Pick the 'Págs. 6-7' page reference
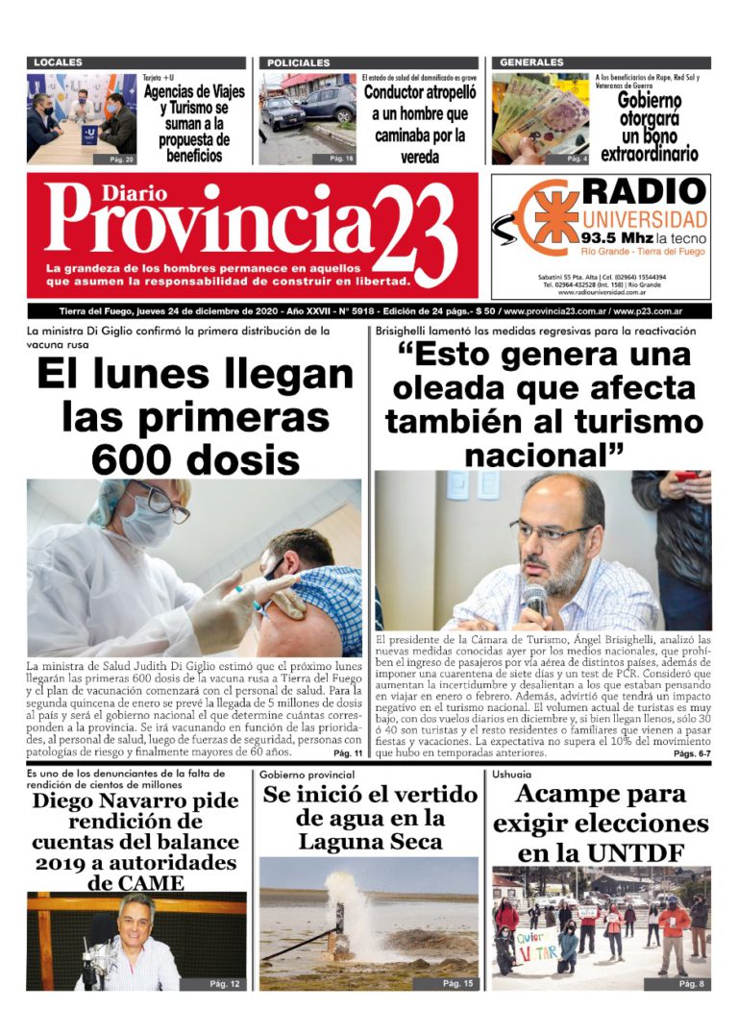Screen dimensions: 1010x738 coord(691,754)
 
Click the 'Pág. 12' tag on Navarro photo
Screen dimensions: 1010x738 coord(227,983)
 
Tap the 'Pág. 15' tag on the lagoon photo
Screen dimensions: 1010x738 coord(457,983)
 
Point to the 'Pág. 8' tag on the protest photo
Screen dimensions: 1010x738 coord(691,983)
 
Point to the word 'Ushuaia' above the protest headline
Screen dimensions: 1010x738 coord(510,774)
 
